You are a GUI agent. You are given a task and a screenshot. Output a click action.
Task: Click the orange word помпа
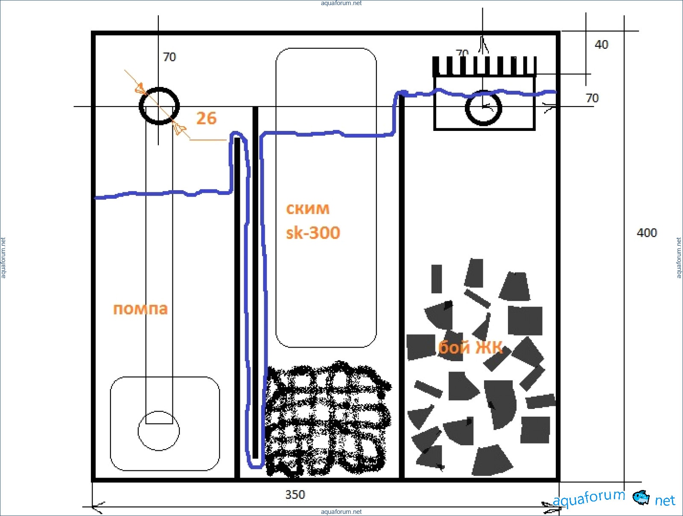tap(140, 309)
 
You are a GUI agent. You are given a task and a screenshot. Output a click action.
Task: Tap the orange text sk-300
tap(313, 233)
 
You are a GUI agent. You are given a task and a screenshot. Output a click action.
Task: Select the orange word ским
tap(307, 209)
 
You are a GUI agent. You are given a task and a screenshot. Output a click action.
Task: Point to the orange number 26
tap(206, 118)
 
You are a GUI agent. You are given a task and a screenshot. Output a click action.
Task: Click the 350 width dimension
tap(295, 495)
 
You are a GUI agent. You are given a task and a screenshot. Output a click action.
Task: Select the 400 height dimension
tap(646, 233)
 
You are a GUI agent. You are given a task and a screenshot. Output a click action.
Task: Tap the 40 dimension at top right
tap(601, 45)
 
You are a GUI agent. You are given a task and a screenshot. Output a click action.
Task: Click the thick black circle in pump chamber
tap(159, 106)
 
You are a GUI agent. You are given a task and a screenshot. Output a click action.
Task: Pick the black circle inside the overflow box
tap(483, 108)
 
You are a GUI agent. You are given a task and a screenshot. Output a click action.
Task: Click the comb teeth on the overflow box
tap(484, 66)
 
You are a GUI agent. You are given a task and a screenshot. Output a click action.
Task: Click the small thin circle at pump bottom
tap(158, 431)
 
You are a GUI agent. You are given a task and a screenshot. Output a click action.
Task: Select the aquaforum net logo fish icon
tap(641, 497)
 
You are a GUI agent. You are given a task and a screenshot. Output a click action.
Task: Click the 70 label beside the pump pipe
tap(169, 57)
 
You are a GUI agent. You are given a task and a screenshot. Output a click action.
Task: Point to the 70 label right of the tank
tap(592, 98)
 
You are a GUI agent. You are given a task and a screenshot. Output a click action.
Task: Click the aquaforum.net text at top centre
tap(341, 3)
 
